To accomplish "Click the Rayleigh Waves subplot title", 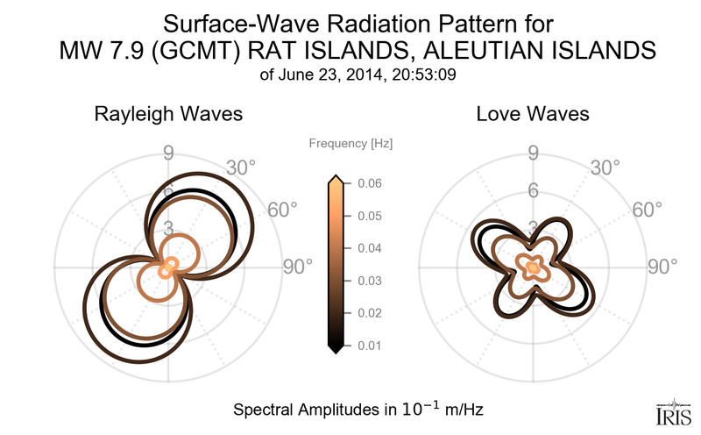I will [168, 115].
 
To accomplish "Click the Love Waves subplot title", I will [533, 115].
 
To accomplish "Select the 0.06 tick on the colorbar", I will [369, 183].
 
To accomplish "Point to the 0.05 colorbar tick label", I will [369, 216].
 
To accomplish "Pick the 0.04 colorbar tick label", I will [369, 248].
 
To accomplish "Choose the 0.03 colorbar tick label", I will [369, 281].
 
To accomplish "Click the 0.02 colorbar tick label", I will [369, 313].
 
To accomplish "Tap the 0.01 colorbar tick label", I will [369, 346].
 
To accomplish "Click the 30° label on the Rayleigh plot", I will [240, 167].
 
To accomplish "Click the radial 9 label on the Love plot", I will [532, 154].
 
